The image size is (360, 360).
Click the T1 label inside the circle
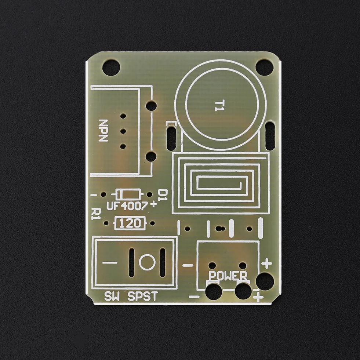pos(219,106)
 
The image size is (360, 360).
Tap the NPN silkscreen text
pos(103,130)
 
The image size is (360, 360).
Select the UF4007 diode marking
pos(127,206)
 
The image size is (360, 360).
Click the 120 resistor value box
pos(130,223)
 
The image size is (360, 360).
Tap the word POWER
pos(228,276)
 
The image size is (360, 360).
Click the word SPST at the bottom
pos(143,296)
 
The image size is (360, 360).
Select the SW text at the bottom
pos(112,296)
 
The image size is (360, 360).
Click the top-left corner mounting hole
pos(111,68)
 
